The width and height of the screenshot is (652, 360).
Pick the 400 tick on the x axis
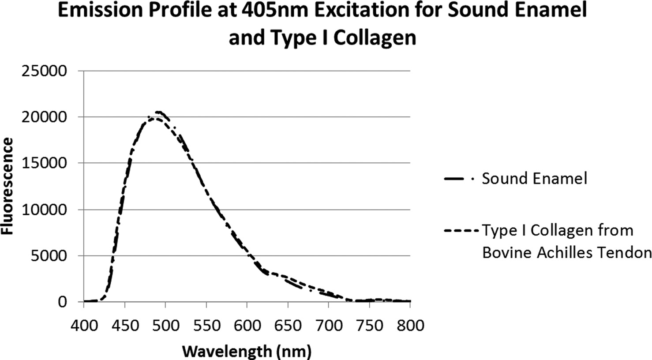point(84,326)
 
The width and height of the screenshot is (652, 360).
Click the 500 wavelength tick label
point(165,326)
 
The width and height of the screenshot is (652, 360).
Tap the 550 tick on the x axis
point(206,326)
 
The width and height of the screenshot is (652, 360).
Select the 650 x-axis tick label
point(288,326)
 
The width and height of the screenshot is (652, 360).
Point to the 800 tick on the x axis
point(410,326)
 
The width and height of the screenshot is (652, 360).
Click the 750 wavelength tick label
point(369,326)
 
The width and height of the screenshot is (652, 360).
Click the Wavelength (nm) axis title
point(247,351)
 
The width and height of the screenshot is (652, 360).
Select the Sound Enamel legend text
point(534,179)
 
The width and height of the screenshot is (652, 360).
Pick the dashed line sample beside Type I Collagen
point(461,231)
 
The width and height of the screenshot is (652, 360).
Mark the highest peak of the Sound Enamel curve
point(160,112)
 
